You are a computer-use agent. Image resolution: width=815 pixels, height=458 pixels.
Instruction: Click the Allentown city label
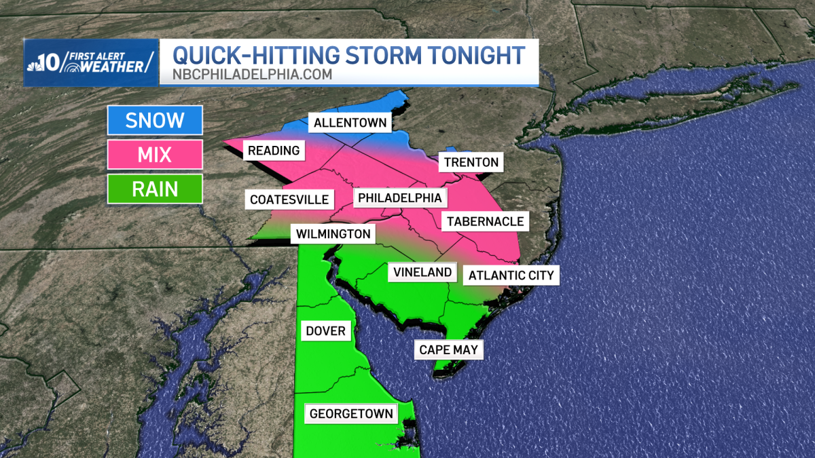tap(350, 123)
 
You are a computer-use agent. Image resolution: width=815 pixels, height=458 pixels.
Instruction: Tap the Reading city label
tap(274, 151)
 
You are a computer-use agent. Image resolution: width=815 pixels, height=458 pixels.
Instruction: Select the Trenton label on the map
tap(471, 162)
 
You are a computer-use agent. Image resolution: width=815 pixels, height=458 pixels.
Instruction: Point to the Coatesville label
tap(289, 199)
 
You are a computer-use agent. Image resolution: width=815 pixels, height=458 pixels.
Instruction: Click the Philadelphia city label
tap(400, 198)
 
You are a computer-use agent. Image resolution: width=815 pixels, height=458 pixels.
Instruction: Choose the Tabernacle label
tap(485, 221)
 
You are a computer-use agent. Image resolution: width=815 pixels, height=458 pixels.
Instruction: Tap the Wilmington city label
tap(333, 234)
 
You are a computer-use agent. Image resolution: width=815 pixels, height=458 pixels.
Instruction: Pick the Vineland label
tap(422, 272)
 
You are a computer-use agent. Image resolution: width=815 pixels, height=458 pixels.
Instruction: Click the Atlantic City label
tap(511, 275)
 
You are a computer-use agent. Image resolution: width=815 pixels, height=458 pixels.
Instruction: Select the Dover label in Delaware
tap(326, 331)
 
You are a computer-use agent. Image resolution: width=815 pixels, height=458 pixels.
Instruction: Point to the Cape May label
tap(448, 350)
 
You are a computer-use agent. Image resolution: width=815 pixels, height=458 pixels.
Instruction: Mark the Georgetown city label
tap(351, 414)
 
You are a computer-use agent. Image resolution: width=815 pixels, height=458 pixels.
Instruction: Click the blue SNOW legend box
tap(155, 121)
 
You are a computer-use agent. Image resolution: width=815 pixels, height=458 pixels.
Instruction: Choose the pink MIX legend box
tap(155, 155)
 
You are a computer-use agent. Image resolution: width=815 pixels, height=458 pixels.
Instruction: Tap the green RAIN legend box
tap(155, 189)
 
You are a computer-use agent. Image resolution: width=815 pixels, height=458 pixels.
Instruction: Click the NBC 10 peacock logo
tap(39, 62)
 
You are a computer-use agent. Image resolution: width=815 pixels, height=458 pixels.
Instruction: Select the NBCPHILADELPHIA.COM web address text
tap(252, 75)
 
